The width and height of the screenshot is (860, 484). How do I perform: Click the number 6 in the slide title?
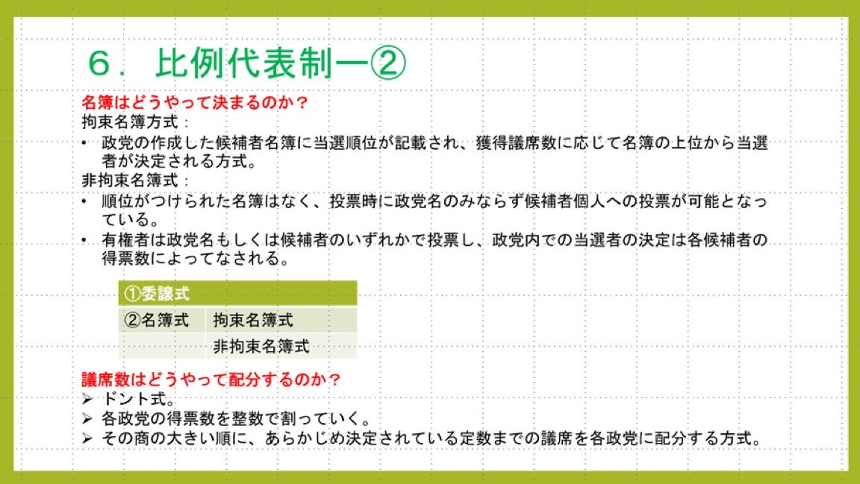point(99,63)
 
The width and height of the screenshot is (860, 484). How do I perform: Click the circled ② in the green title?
point(387,63)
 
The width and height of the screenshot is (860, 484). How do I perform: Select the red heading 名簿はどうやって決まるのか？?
point(196,102)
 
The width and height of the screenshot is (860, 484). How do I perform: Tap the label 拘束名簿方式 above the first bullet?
point(130,122)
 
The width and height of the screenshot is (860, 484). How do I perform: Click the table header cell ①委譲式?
point(237,293)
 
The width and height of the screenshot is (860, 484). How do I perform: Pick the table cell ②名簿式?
point(162,320)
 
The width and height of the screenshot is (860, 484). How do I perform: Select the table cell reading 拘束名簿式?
point(281,320)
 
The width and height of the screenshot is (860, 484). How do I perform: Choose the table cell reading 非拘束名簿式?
point(281,346)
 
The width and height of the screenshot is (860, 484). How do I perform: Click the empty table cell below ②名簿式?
point(162,346)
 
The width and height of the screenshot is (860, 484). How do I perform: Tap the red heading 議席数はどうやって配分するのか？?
point(211,380)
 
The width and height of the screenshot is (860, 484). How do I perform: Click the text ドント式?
point(134,399)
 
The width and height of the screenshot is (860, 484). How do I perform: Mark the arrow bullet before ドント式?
point(87,399)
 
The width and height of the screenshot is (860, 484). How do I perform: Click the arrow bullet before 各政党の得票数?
point(87,419)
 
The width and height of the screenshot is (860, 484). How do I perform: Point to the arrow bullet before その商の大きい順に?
point(87,438)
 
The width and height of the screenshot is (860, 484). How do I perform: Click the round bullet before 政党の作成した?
point(84,143)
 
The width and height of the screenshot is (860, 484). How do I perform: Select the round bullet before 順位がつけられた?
point(84,201)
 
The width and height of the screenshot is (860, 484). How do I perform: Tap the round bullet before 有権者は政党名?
point(84,240)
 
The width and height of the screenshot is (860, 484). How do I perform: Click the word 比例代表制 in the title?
point(243,63)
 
